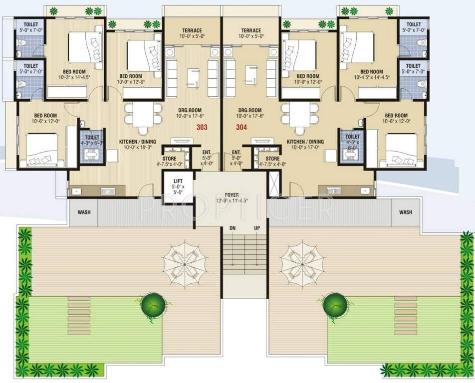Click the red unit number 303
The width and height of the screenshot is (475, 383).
coord(202,127)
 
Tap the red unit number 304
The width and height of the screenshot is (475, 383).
coord(241,127)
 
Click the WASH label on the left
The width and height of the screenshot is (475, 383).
coord(84,212)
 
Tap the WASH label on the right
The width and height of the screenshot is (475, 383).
coord(406,212)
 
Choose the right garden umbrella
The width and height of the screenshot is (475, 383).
coord(301,258)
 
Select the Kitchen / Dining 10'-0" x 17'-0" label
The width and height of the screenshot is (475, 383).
coord(305,145)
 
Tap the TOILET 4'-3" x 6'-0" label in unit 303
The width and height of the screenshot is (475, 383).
coord(93,140)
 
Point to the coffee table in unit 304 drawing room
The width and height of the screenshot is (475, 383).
coord(250,75)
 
